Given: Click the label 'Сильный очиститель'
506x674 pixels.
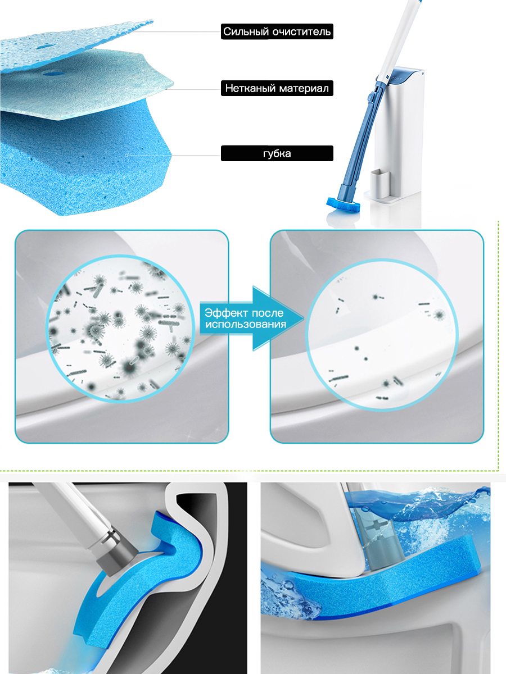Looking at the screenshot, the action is [x=277, y=31].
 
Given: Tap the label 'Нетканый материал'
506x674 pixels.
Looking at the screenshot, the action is [x=277, y=88].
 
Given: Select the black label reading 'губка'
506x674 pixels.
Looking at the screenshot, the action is [x=277, y=153].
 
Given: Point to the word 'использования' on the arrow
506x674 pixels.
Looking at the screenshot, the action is [x=246, y=324].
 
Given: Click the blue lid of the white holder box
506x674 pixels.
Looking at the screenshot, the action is [x=406, y=75].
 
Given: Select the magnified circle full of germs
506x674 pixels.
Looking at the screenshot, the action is [x=120, y=328].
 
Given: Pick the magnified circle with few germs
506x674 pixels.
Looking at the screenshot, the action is [x=383, y=335].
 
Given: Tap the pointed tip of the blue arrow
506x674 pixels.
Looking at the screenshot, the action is [x=304, y=318].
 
